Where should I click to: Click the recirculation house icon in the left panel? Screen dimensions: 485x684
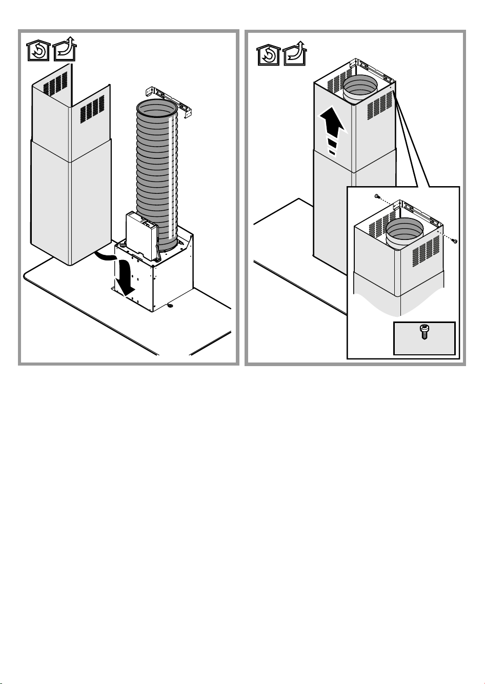[37, 52]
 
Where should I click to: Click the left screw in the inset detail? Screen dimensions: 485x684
[377, 196]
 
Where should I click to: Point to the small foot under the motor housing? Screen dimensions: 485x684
[170, 307]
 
